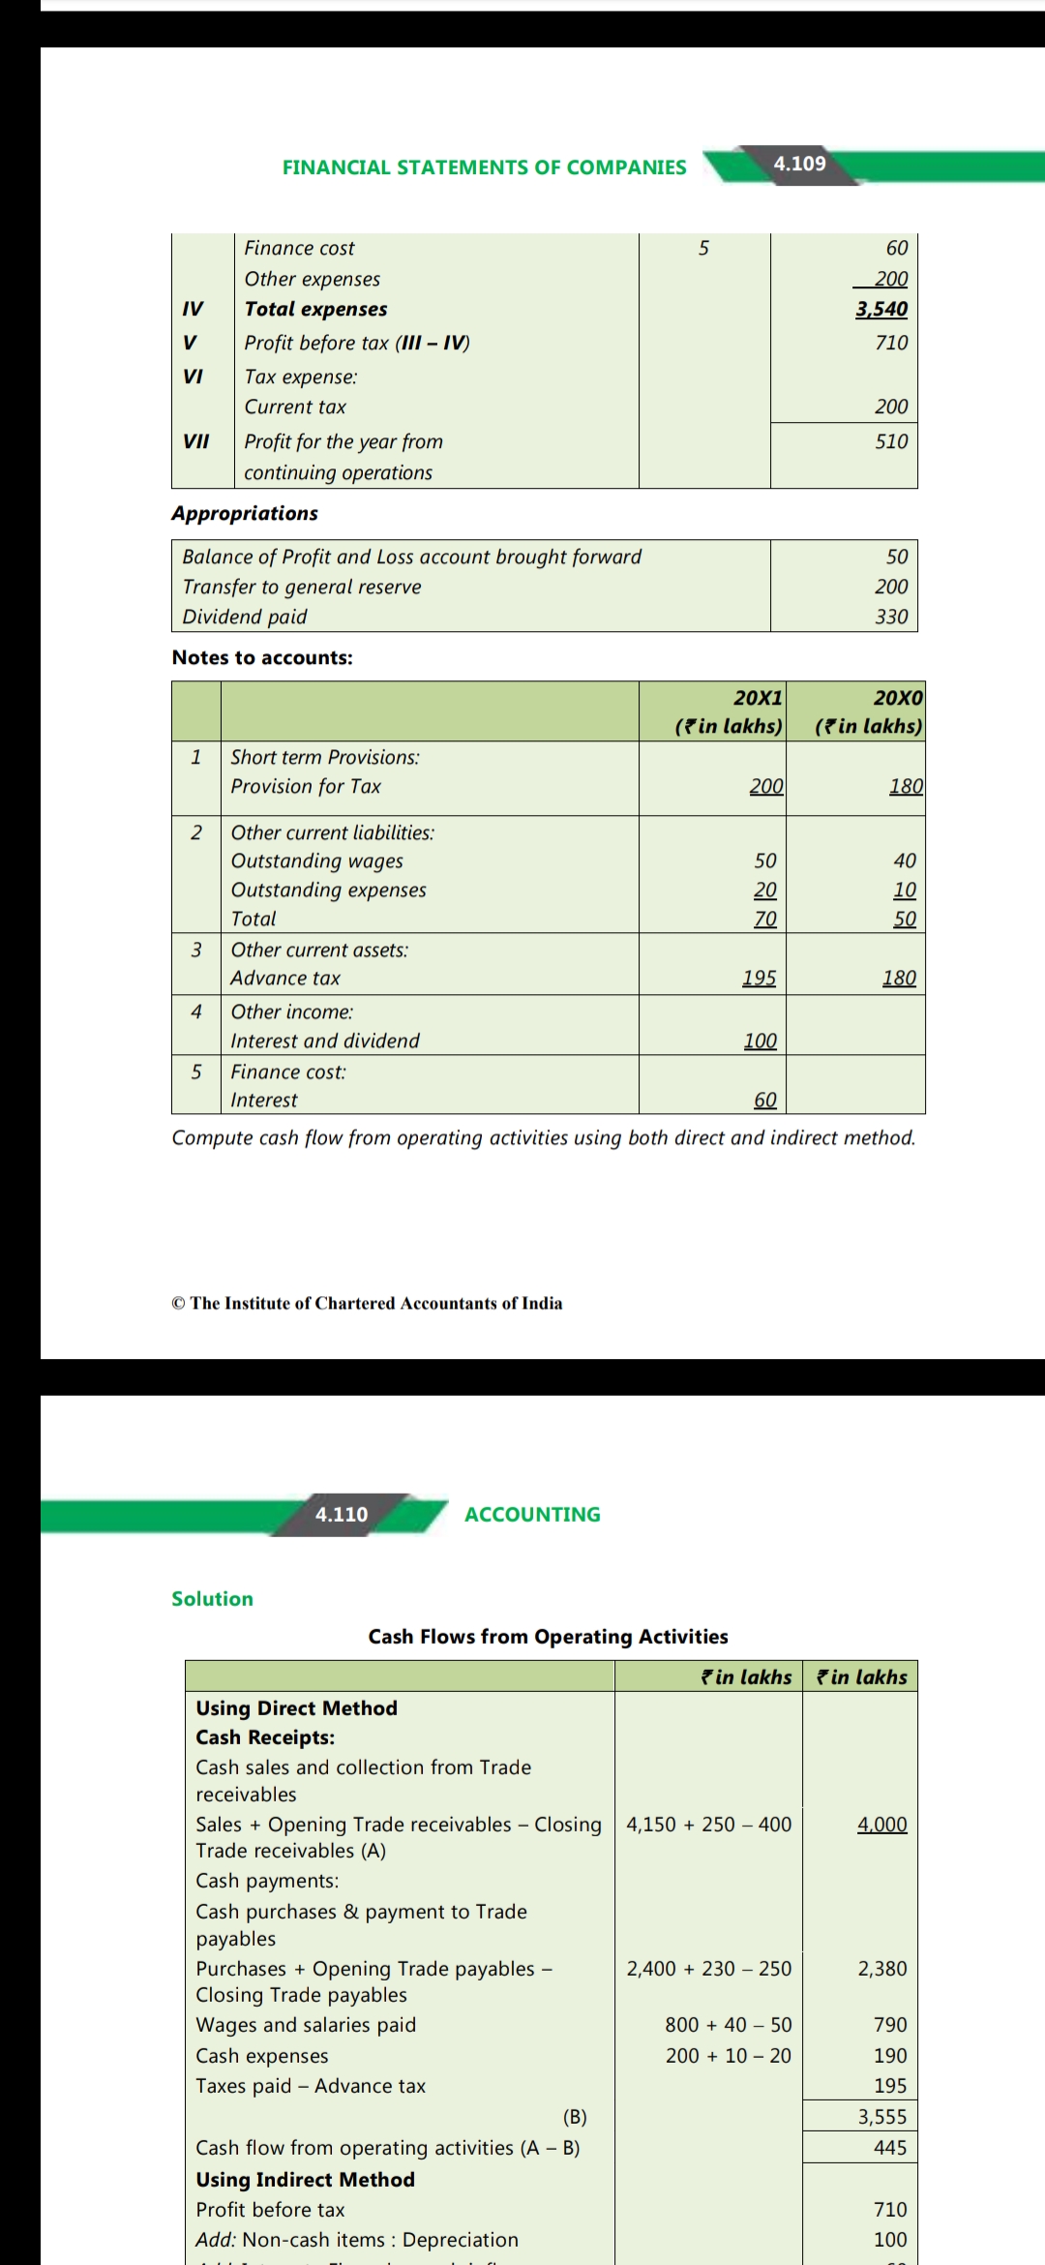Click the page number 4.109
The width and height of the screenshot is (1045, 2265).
(x=799, y=164)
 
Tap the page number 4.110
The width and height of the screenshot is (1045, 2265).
(x=342, y=1514)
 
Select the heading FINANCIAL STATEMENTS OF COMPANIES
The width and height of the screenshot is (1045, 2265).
(x=484, y=167)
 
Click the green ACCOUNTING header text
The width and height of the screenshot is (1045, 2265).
(x=532, y=1514)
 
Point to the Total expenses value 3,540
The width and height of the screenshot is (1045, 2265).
(x=881, y=309)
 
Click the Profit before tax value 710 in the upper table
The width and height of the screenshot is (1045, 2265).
(x=891, y=343)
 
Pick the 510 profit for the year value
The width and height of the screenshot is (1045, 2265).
(x=891, y=441)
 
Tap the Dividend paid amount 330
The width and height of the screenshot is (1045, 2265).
(x=891, y=617)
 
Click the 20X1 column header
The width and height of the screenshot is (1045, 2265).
(x=758, y=698)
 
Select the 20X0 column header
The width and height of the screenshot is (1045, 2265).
(x=898, y=698)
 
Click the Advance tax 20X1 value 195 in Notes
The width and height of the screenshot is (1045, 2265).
(x=759, y=978)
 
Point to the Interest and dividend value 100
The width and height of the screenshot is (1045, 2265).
(x=760, y=1041)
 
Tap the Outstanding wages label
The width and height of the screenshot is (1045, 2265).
(x=316, y=861)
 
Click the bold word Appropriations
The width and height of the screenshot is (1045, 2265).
(x=245, y=513)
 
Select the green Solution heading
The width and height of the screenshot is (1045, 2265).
(x=212, y=1599)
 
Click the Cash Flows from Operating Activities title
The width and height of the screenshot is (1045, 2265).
(x=548, y=1636)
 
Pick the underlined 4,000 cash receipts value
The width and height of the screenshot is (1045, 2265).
(x=881, y=1825)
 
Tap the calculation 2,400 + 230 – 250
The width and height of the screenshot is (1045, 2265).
(x=708, y=1968)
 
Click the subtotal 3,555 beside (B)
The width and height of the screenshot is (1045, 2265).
(x=881, y=2117)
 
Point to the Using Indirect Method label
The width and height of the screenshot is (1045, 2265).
(x=305, y=2179)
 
